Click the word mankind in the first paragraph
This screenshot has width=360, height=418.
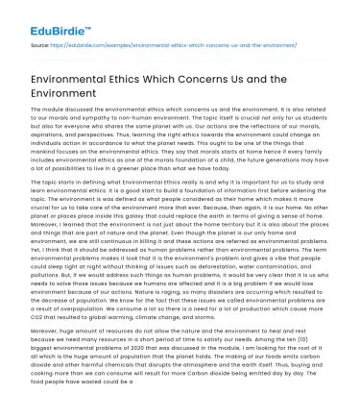pos(56,174)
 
